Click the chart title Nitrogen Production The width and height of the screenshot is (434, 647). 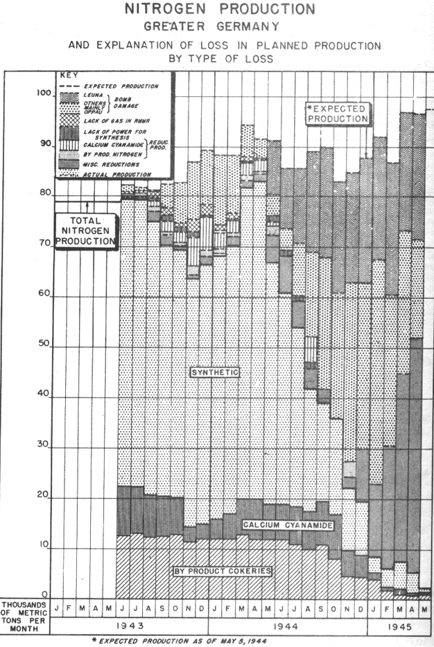pyautogui.click(x=218, y=10)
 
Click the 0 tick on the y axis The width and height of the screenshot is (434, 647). pyautogui.click(x=44, y=594)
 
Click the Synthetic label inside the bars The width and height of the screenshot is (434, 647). pyautogui.click(x=215, y=372)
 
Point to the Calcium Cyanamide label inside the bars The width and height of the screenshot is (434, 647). pyautogui.click(x=288, y=526)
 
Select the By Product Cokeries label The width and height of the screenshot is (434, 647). pyautogui.click(x=221, y=570)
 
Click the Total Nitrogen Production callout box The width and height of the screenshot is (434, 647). pyautogui.click(x=85, y=230)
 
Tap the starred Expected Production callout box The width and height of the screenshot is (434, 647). pyautogui.click(x=339, y=114)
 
